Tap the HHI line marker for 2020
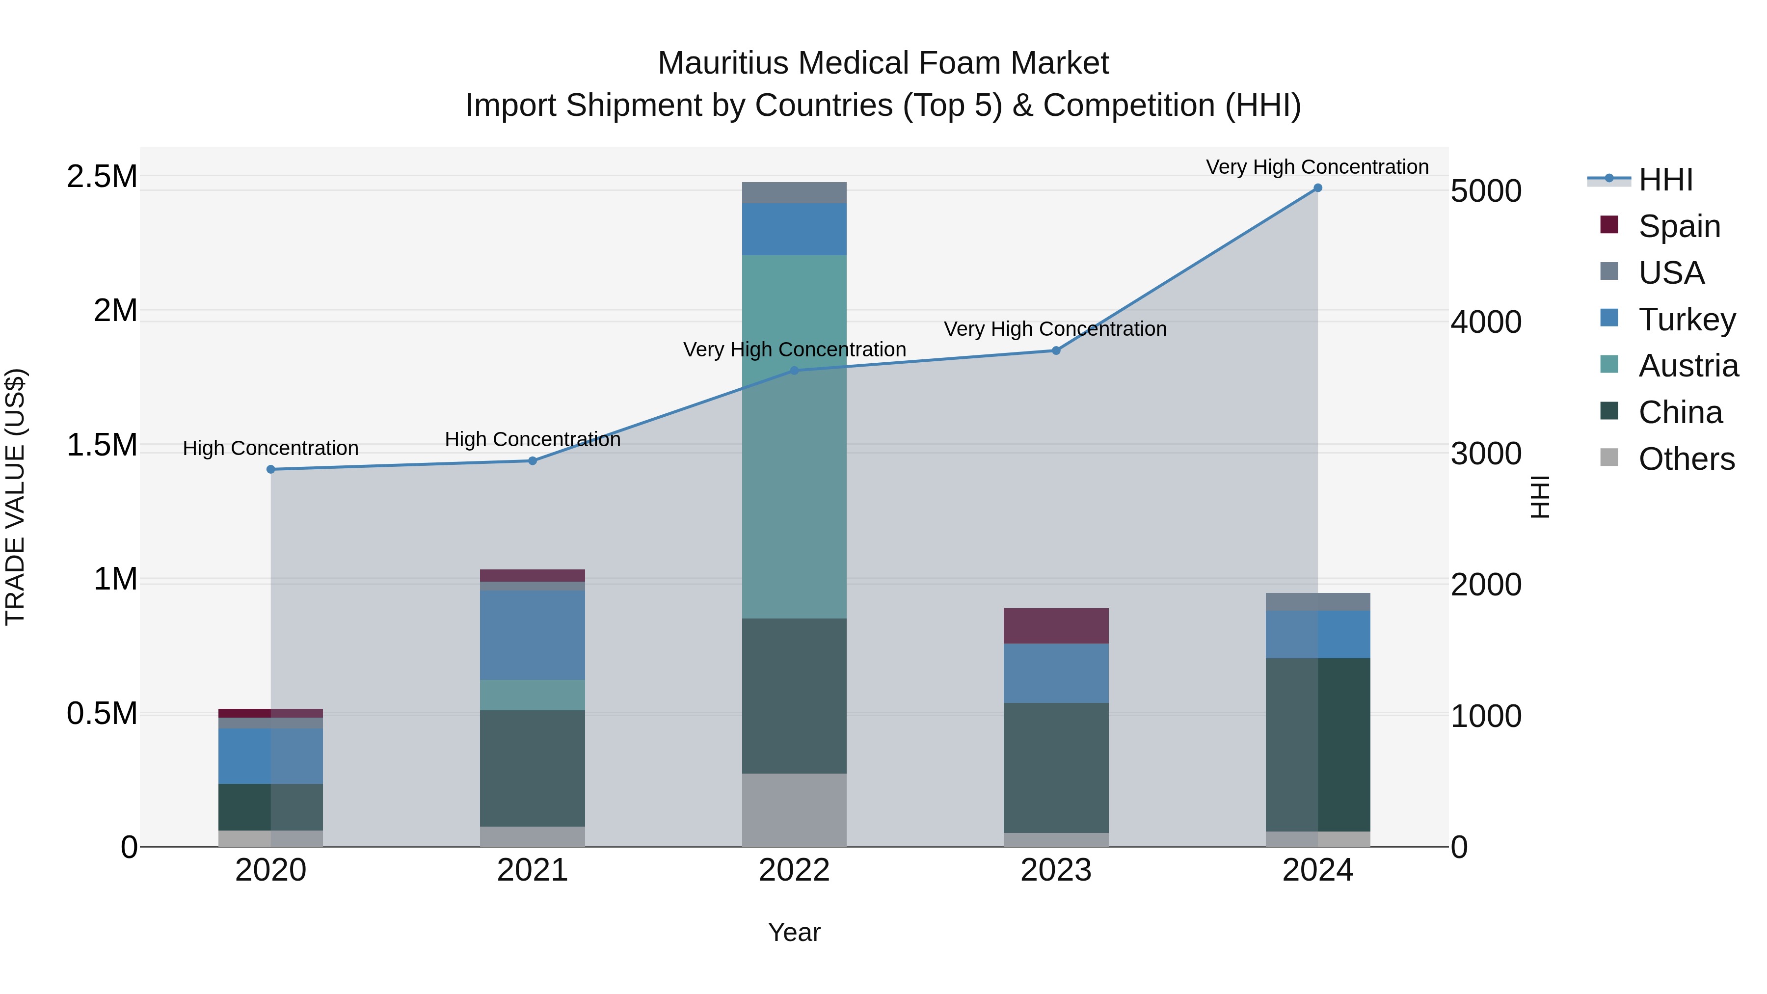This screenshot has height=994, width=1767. (x=271, y=469)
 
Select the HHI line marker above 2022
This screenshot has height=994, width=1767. (x=794, y=371)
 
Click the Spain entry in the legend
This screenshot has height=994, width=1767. (x=1679, y=226)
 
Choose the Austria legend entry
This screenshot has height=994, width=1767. (x=1688, y=366)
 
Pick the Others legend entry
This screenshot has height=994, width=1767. (x=1686, y=459)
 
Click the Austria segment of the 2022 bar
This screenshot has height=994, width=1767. (x=794, y=436)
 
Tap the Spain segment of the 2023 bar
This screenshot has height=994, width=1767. (x=1056, y=626)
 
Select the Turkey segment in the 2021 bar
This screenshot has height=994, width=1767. (x=532, y=635)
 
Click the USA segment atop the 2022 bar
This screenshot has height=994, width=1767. (x=794, y=193)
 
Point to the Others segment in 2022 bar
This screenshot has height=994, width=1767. (x=794, y=809)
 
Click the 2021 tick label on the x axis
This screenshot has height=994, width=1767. (x=532, y=870)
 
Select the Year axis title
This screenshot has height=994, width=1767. (x=794, y=932)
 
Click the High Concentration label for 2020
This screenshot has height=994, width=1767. (x=270, y=448)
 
